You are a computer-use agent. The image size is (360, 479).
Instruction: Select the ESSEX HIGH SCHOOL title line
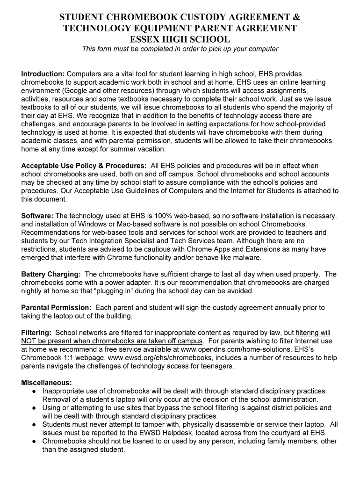[x=180, y=39]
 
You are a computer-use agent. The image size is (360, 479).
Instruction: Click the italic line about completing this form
[x=180, y=49]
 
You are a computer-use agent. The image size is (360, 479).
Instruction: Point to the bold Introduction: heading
[x=43, y=74]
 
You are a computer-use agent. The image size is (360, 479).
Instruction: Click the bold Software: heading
[x=37, y=216]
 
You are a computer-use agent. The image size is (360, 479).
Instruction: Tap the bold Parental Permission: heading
[x=57, y=308]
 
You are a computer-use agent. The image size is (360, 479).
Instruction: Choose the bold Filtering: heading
[x=36, y=333]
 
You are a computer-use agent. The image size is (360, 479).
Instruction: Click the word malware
[x=247, y=258]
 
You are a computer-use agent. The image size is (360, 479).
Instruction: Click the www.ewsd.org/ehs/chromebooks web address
[x=150, y=358]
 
